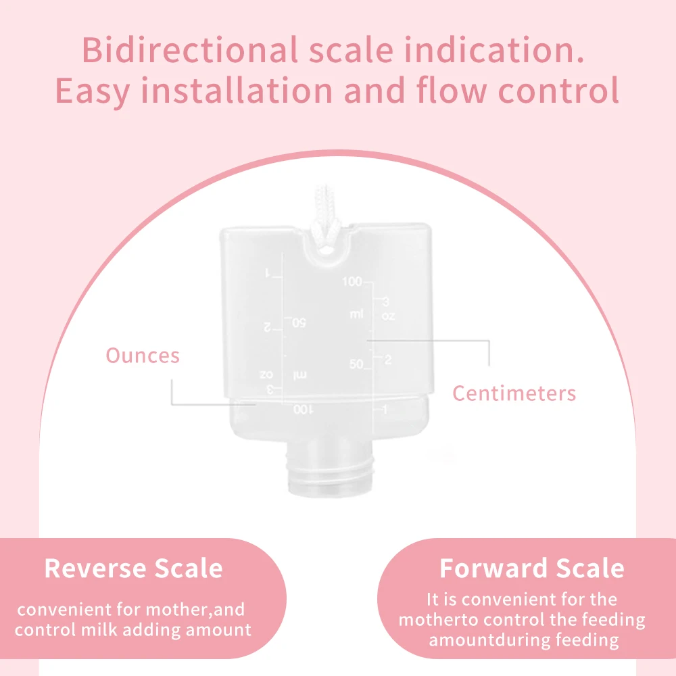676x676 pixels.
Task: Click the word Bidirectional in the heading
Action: pyautogui.click(x=189, y=49)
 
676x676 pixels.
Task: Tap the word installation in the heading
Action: pyautogui.click(x=237, y=91)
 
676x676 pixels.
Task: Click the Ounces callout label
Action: pyautogui.click(x=143, y=356)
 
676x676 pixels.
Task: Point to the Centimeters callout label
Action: pyautogui.click(x=514, y=393)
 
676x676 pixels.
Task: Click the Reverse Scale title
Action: pyautogui.click(x=134, y=568)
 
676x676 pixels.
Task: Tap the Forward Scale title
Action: pyautogui.click(x=532, y=568)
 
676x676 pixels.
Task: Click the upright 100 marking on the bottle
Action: pyautogui.click(x=352, y=281)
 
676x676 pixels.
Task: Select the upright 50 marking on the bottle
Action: pyautogui.click(x=356, y=364)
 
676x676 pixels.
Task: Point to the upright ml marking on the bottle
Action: pyautogui.click(x=356, y=314)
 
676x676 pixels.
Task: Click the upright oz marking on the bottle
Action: pyautogui.click(x=388, y=316)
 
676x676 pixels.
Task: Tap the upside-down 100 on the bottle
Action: pyautogui.click(x=303, y=409)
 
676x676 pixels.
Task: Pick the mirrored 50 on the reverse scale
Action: pyautogui.click(x=299, y=322)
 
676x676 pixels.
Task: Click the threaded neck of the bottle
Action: pyautogui.click(x=329, y=471)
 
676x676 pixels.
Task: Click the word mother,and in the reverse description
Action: pyautogui.click(x=195, y=610)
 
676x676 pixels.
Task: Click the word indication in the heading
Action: pyautogui.click(x=494, y=49)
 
